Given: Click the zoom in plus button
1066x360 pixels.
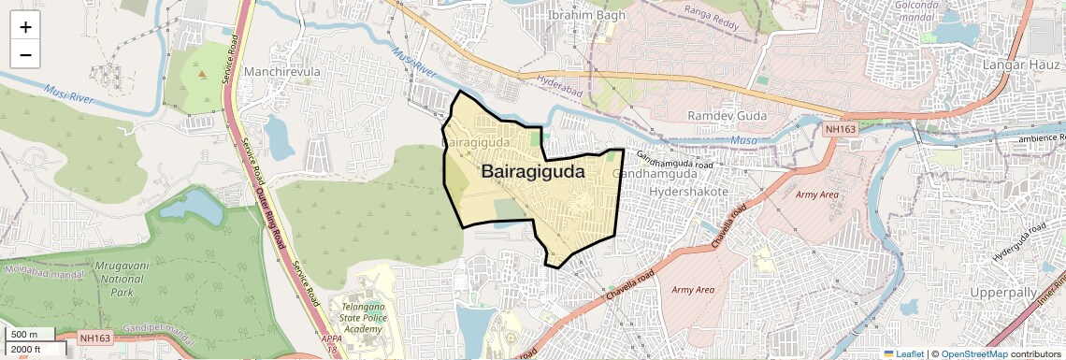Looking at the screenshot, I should click(x=25, y=27).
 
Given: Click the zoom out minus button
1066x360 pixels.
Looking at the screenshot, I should click(x=25, y=54).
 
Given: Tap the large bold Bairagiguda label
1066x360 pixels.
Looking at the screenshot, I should click(x=532, y=172).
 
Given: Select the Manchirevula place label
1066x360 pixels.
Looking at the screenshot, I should click(x=281, y=72).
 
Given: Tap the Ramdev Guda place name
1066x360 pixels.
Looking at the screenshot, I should click(x=727, y=115).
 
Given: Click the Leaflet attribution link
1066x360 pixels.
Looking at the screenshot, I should click(x=903, y=353).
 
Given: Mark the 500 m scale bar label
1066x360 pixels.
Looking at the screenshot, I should click(x=24, y=335).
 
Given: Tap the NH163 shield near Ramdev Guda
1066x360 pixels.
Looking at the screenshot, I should click(x=841, y=129).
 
